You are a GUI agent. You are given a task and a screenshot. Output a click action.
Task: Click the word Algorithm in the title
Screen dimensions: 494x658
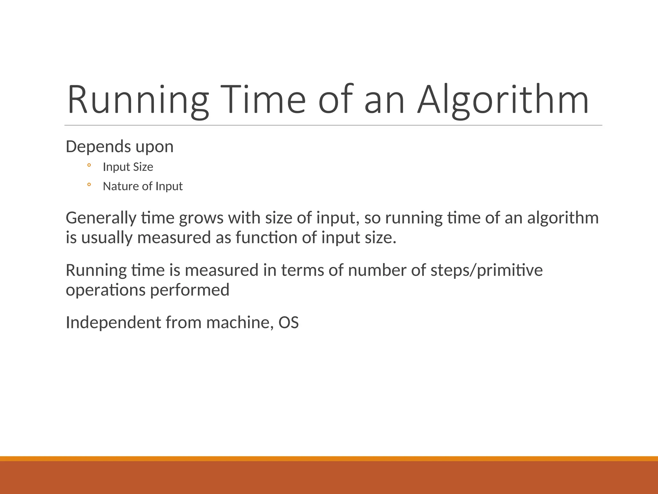point(503,100)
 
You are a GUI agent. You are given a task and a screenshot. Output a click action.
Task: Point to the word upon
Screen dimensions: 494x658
point(155,148)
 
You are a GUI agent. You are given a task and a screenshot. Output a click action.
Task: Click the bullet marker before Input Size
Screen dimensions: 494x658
point(89,166)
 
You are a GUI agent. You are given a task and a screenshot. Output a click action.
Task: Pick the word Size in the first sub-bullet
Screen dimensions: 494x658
point(143,167)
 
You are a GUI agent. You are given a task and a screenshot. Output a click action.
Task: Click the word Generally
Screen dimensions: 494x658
point(101,218)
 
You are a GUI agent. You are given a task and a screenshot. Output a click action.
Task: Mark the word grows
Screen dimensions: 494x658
point(201,219)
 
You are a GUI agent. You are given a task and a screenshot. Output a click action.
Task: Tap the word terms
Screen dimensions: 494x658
point(302,270)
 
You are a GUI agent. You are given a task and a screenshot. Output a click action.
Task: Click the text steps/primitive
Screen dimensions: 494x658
point(486,271)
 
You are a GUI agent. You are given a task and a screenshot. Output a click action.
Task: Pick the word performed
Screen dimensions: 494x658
point(190,290)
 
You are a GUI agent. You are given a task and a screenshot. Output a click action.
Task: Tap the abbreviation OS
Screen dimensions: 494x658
point(289,323)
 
